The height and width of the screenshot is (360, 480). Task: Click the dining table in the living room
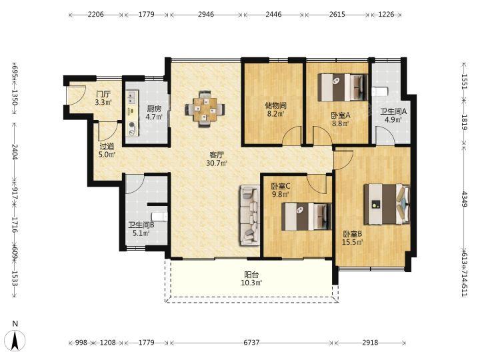205,109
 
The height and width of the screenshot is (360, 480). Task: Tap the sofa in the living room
250,215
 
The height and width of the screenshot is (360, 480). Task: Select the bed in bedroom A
343,87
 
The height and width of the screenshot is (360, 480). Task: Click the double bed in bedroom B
387,204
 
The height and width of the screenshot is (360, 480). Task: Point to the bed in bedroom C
307,217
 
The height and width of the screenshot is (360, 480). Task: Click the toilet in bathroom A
380,91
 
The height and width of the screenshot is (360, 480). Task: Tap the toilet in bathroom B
160,217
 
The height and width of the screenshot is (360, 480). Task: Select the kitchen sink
133,97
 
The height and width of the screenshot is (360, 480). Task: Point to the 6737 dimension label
251,342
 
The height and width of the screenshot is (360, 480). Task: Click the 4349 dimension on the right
465,199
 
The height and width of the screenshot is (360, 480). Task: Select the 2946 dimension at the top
206,15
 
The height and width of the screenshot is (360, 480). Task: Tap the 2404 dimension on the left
15,152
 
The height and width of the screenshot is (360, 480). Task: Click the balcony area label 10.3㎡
251,283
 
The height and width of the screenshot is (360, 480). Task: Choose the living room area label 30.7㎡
217,163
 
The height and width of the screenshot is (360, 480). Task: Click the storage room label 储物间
275,106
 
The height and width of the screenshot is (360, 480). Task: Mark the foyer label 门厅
103,94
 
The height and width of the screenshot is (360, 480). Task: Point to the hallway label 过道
107,147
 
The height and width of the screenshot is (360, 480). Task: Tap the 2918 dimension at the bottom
371,342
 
